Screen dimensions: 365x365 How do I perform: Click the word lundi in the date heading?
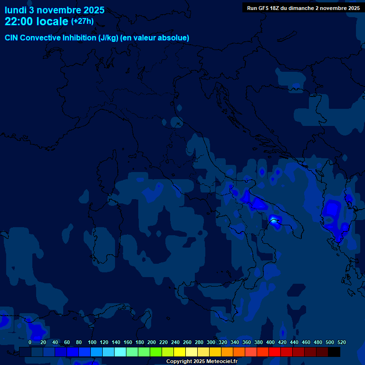[15, 10]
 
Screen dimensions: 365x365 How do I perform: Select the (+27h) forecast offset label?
[82, 21]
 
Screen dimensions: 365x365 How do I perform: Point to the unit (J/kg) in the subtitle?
[109, 38]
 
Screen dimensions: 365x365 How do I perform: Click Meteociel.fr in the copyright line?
[222, 362]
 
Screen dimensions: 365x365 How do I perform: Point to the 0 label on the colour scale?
[30, 342]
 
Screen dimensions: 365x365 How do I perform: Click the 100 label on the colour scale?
[92, 342]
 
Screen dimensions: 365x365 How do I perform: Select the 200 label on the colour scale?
[152, 342]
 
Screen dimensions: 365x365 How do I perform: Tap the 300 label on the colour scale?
[211, 342]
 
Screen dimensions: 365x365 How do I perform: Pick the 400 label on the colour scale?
[270, 342]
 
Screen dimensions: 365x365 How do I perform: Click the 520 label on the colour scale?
[341, 342]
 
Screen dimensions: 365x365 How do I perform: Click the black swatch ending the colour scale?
[334, 352]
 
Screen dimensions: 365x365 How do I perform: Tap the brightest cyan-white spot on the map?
[273, 220]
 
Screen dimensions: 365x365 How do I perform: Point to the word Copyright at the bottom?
[178, 362]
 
